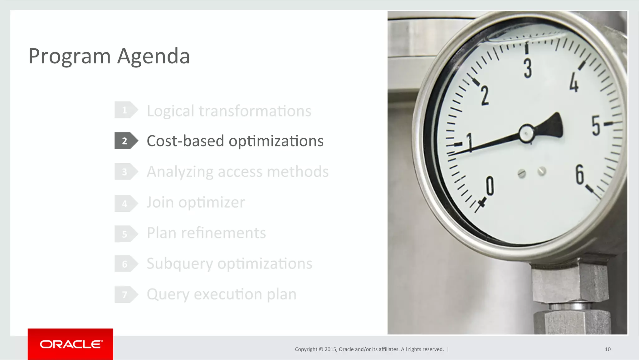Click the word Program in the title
click(x=70, y=57)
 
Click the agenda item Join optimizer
click(x=196, y=202)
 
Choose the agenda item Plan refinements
click(x=206, y=233)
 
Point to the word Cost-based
click(x=185, y=141)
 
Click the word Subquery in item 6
click(x=180, y=264)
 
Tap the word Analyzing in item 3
click(x=180, y=172)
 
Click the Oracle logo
click(x=71, y=344)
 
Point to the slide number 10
click(x=607, y=349)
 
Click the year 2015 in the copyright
click(x=330, y=349)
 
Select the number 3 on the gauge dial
click(x=528, y=68)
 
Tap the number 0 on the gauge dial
click(x=490, y=186)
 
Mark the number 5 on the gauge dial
click(x=596, y=126)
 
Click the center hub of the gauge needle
click(x=527, y=133)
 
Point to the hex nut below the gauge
click(x=570, y=283)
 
